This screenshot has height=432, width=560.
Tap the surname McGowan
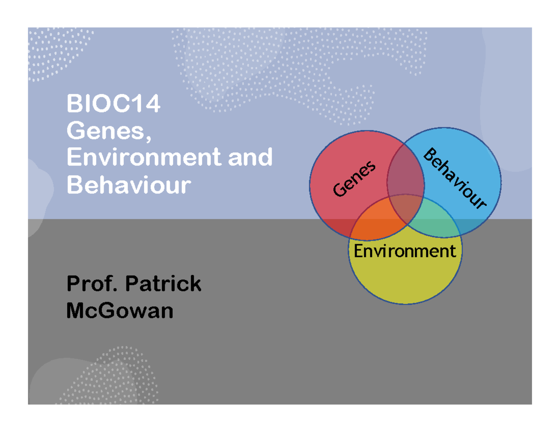coord(119,310)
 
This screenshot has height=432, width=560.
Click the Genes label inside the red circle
coord(354,178)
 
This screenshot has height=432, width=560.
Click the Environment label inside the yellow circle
coord(404,251)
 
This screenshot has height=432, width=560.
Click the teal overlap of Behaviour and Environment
coord(432,219)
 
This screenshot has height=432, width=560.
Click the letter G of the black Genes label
coord(338,190)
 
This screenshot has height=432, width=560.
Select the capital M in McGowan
coord(77,310)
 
